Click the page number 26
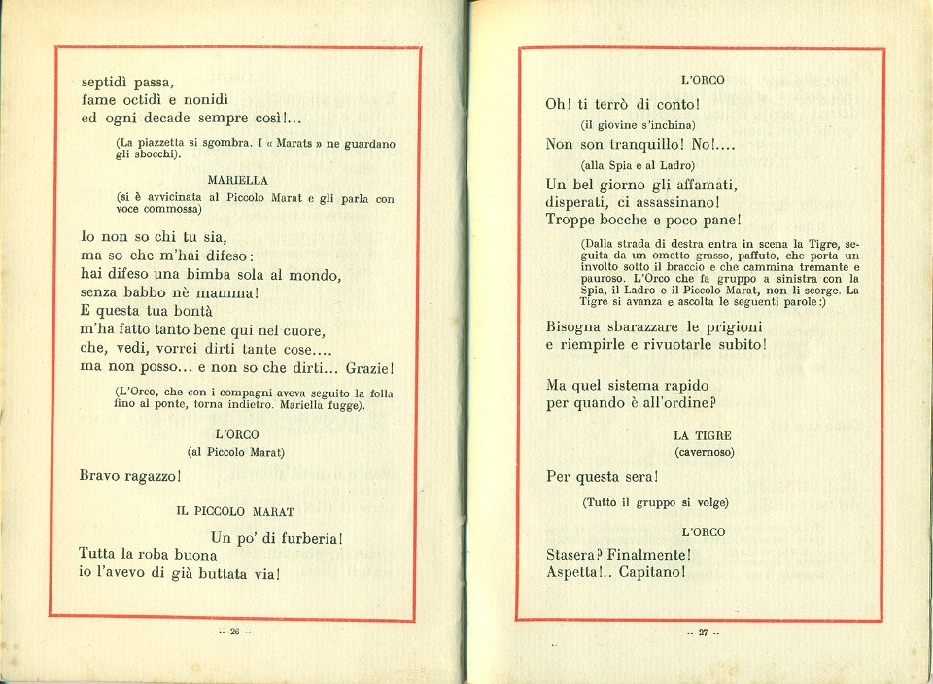(x=234, y=632)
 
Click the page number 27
(x=702, y=633)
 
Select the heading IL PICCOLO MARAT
(x=235, y=510)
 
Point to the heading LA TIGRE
(x=702, y=436)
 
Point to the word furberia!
(x=305, y=537)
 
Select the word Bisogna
(x=577, y=326)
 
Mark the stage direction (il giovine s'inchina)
(x=638, y=125)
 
